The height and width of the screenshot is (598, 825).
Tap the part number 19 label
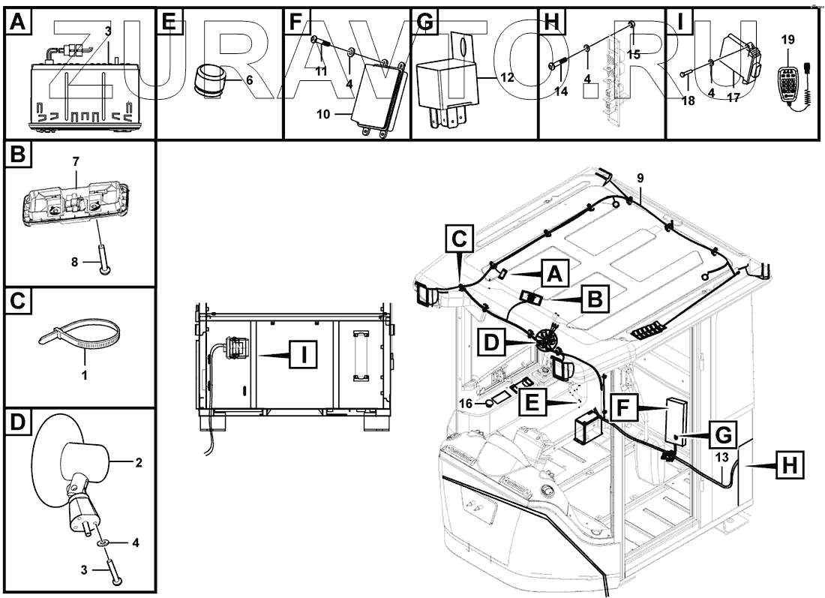(x=787, y=39)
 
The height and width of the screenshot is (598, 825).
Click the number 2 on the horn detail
(x=139, y=462)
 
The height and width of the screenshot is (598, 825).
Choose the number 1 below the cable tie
(x=84, y=374)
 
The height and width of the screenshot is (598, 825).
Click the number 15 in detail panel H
(x=634, y=55)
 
